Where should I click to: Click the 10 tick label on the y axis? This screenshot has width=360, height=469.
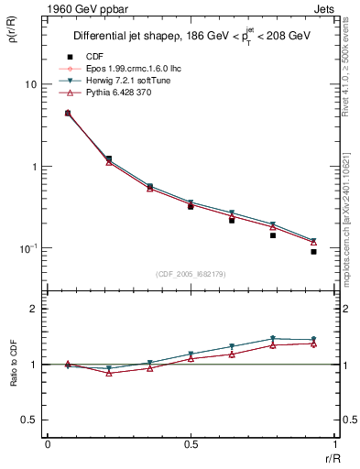click(x=30, y=84)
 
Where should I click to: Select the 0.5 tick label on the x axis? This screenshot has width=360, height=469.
click(x=191, y=443)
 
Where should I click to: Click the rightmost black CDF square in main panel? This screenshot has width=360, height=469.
click(x=313, y=251)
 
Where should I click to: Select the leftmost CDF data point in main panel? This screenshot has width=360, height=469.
click(x=68, y=113)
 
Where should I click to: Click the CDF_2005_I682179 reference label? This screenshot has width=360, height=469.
click(x=191, y=274)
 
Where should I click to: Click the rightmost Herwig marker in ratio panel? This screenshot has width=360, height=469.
click(x=313, y=340)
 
